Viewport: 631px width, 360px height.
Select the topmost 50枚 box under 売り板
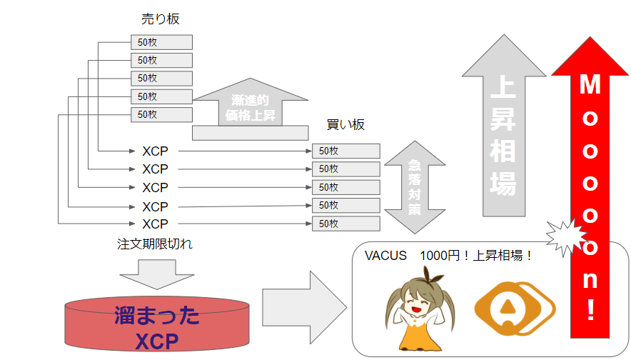pos(161,42)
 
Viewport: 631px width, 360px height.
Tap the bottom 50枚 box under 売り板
pos(161,114)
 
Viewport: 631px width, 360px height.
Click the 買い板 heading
pos(345,125)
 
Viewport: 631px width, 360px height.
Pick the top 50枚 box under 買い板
pos(345,151)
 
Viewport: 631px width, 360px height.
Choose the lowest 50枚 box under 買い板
pos(345,224)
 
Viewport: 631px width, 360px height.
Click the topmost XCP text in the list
pos(155,151)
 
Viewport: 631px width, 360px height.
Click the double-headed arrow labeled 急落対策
pos(415,186)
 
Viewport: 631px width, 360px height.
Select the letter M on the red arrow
pos(589,86)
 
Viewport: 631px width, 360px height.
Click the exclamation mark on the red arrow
pos(590,311)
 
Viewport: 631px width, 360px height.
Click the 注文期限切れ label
pos(155,244)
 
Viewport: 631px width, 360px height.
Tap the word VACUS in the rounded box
pos(385,256)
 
